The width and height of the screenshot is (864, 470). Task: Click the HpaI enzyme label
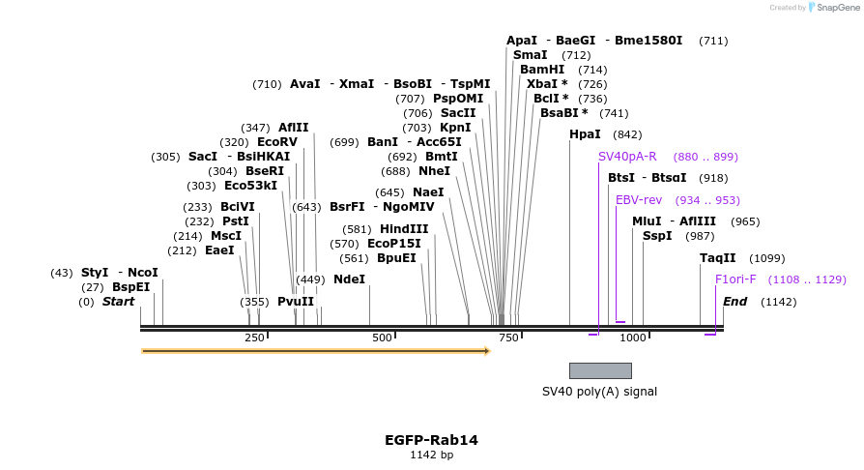tap(585, 134)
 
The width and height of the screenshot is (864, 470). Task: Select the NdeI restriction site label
tap(349, 279)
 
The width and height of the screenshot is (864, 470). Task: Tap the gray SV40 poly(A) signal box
tap(600, 370)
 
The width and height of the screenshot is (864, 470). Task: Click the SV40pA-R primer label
tap(627, 157)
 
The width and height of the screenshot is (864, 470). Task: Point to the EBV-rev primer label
tap(639, 200)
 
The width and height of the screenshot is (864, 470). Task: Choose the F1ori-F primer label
tap(735, 279)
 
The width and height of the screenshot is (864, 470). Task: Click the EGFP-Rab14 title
tap(431, 440)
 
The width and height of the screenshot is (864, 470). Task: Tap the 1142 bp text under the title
tap(431, 455)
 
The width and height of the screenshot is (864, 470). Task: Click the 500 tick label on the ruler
tap(382, 338)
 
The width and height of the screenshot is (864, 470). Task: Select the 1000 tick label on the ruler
tap(633, 338)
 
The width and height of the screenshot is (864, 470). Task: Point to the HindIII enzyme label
tap(404, 229)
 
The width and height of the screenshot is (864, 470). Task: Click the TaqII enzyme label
tap(717, 258)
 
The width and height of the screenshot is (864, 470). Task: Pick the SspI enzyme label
tap(657, 236)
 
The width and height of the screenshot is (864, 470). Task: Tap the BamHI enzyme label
tap(542, 70)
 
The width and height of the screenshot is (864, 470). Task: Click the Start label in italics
tap(118, 302)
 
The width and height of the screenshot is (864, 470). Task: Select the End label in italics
tap(734, 302)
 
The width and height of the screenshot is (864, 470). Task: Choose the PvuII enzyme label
tap(296, 302)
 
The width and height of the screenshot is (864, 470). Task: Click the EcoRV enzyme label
tap(277, 142)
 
